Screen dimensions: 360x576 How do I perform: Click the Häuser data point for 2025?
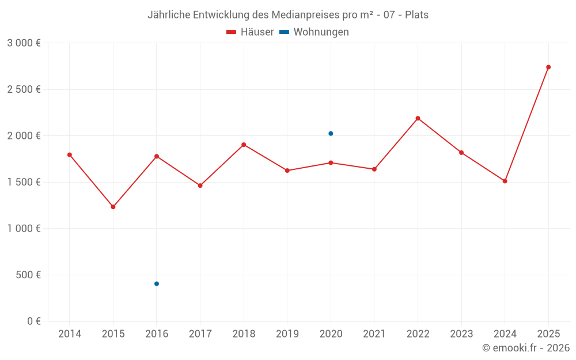tap(548, 67)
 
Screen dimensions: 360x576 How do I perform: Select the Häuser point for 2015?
tap(113, 207)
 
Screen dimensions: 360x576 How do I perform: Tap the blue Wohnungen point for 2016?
tap(157, 283)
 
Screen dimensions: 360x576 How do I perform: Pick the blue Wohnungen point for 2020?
tap(331, 134)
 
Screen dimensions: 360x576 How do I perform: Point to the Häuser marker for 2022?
tap(418, 118)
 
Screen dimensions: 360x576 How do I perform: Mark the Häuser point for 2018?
tap(244, 145)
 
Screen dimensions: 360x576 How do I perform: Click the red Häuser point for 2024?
tap(505, 181)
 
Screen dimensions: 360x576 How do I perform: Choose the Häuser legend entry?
tap(250, 32)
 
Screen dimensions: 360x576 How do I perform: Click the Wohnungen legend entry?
tap(314, 32)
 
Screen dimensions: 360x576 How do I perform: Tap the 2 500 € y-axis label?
tap(24, 89)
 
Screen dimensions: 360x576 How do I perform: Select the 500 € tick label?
tap(28, 275)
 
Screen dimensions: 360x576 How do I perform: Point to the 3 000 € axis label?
tap(24, 43)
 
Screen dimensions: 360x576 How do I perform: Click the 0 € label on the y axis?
tap(33, 321)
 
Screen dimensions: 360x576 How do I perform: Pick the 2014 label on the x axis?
tap(70, 334)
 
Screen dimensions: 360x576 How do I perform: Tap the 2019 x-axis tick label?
tap(287, 334)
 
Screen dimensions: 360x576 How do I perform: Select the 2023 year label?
tap(461, 334)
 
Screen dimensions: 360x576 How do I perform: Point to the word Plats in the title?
tap(416, 15)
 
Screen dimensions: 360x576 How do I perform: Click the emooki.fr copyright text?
tap(526, 348)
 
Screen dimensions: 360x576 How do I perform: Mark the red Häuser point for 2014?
tap(70, 154)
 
